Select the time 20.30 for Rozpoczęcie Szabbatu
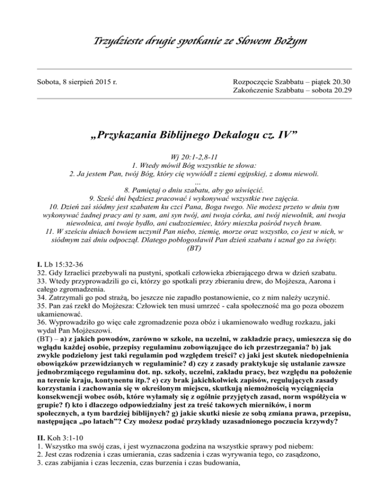pyautogui.click(x=341, y=81)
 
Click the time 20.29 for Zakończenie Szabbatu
pyautogui.click(x=341, y=90)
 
